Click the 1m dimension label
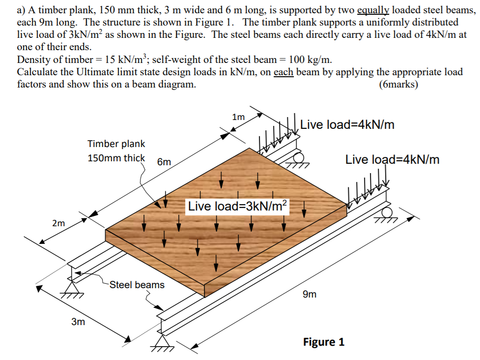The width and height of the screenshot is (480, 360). (x=238, y=117)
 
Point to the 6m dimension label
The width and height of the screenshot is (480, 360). (x=164, y=162)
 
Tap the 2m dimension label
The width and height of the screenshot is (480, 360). (x=58, y=223)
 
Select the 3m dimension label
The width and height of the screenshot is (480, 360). (x=78, y=322)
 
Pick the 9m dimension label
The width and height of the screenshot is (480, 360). (x=310, y=295)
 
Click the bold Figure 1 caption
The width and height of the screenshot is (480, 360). (x=324, y=342)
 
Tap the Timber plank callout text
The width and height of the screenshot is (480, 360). (x=116, y=144)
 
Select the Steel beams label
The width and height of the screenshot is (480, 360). (x=137, y=285)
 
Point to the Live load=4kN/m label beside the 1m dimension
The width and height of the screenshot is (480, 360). (x=347, y=124)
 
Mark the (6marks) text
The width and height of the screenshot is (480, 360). (x=398, y=84)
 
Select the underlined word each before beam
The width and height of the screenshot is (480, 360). (x=282, y=72)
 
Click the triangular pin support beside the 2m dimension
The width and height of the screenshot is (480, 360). (x=72, y=287)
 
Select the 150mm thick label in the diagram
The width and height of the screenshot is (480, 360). (x=116, y=158)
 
